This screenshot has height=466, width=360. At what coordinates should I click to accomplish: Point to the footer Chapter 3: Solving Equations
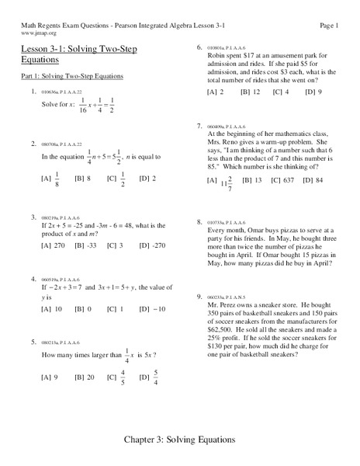(180, 439)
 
